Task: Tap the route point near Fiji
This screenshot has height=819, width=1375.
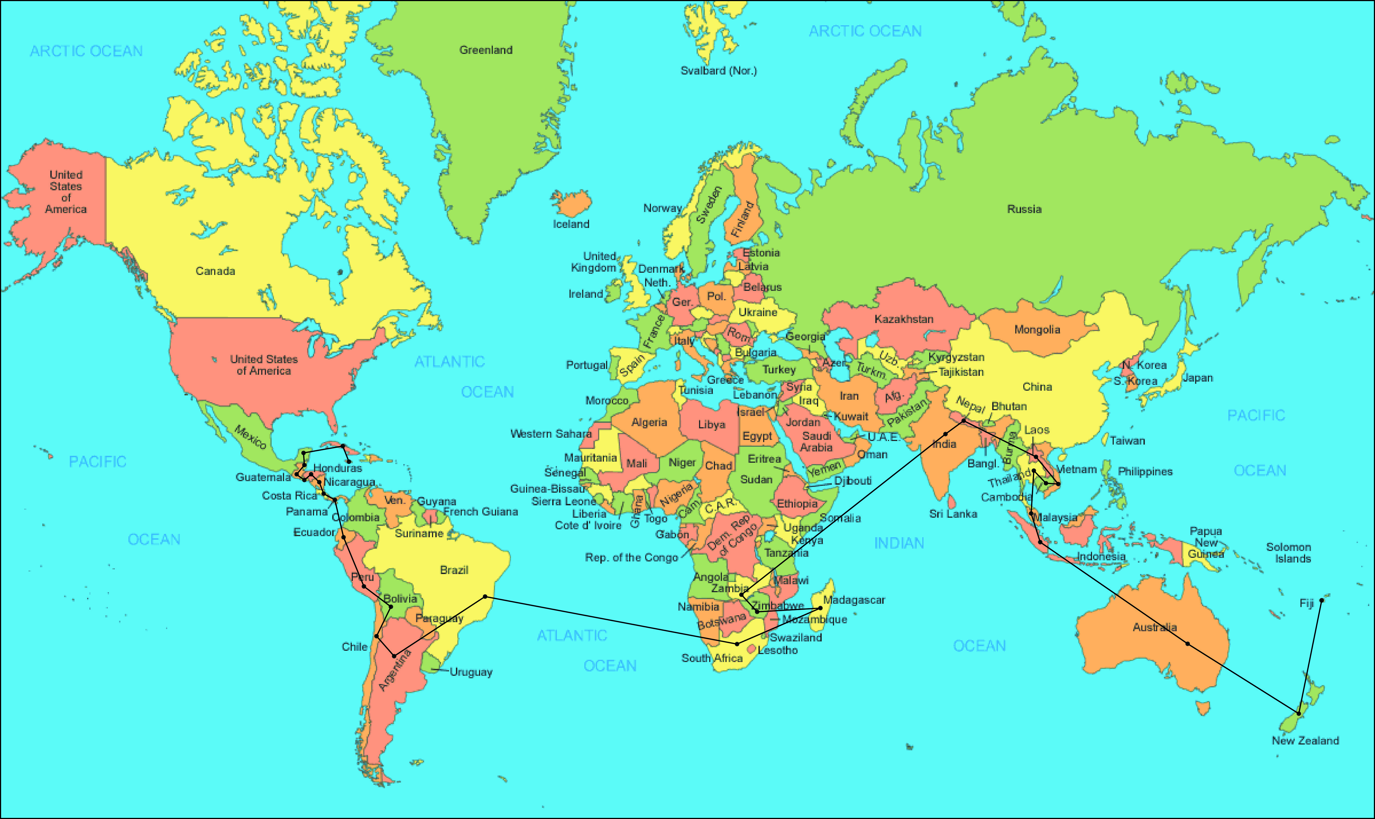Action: (1321, 600)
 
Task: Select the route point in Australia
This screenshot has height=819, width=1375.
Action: (1187, 644)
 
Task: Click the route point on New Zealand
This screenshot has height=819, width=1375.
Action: (1299, 714)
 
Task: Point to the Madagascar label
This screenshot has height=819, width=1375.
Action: (854, 600)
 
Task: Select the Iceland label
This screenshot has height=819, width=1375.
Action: (571, 224)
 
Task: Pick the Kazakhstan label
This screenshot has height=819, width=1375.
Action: (904, 319)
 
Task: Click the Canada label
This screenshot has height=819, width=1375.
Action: (215, 271)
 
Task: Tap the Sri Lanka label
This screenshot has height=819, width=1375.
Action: (953, 514)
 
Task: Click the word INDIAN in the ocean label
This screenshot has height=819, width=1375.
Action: (899, 543)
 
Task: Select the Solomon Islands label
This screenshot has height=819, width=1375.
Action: (1288, 552)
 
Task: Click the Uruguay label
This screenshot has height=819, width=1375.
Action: (471, 672)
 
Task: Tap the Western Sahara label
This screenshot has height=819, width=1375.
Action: (550, 434)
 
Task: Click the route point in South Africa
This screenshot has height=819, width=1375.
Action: (737, 644)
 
